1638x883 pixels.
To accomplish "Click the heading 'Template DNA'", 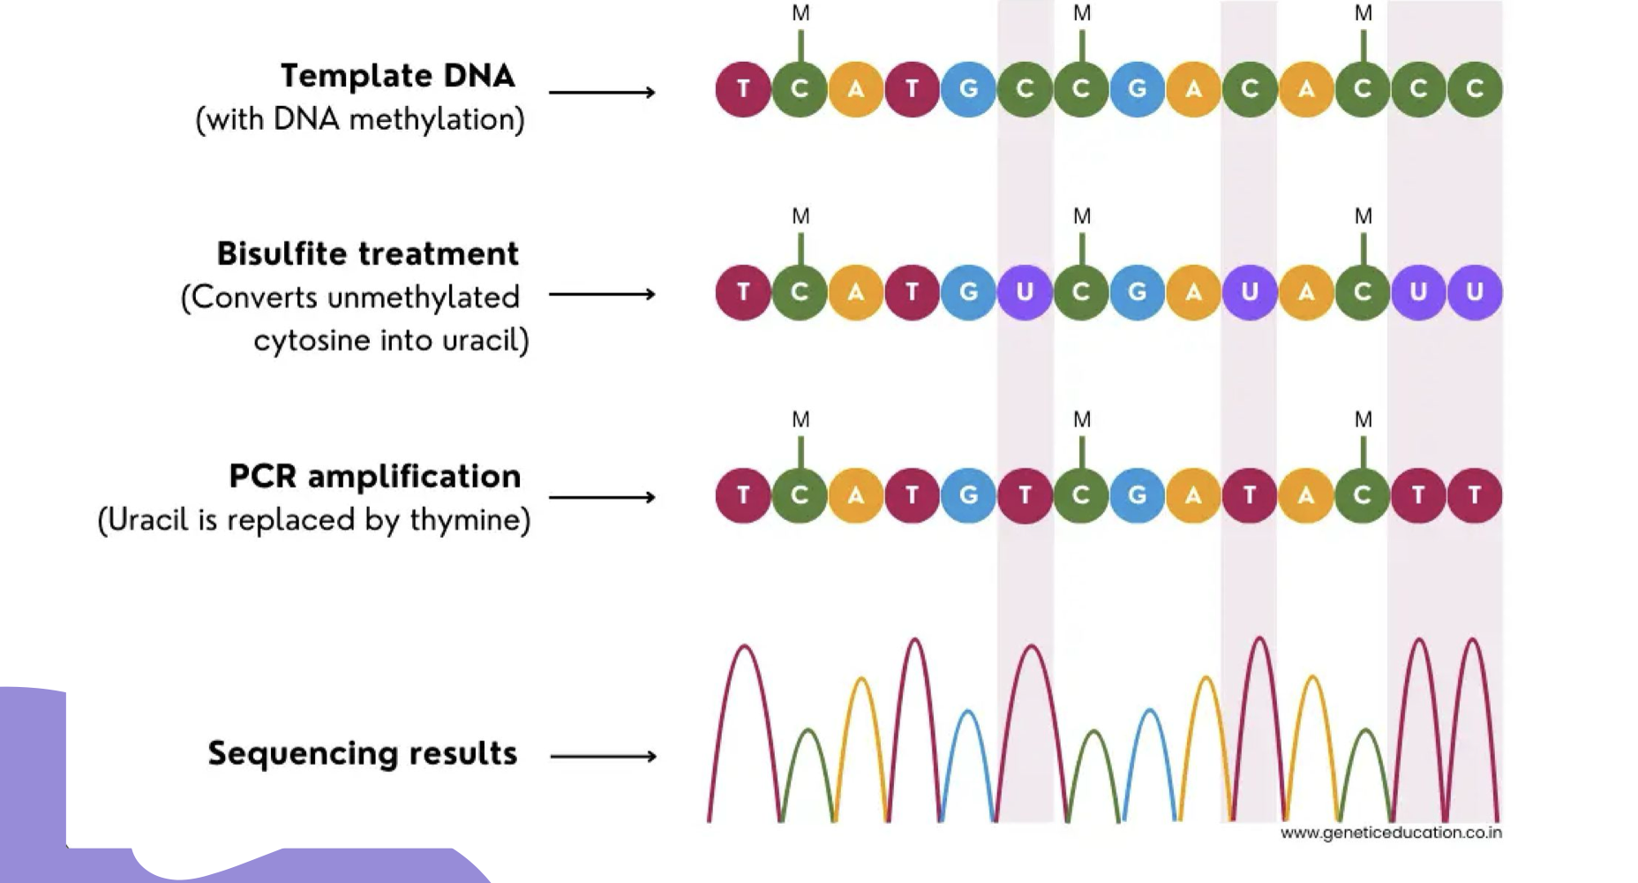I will coord(397,76).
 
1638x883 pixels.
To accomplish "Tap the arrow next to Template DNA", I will coord(602,92).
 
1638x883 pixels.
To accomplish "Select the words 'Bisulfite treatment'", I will coord(367,254).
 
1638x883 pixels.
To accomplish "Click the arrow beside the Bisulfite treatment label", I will coord(602,294).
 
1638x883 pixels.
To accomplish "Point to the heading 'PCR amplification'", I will coord(375,477).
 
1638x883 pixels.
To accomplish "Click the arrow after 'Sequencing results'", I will coord(603,756).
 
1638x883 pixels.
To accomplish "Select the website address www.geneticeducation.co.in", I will coord(1390,833).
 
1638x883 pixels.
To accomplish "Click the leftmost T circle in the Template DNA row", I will coord(743,89).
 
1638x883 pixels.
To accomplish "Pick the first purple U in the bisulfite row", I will coord(1025,292).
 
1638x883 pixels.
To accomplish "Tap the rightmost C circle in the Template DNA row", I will coord(1475,89).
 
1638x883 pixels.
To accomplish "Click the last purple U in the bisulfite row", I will coord(1475,292).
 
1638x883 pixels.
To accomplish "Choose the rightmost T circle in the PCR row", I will coord(1475,495).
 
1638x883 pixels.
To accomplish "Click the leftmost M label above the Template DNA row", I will coord(800,13).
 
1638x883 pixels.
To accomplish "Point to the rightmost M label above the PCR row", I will coord(1364,419).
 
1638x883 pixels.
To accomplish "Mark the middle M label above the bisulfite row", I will coord(1082,216).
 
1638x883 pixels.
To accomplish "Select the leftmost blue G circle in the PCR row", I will coord(968,495).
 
